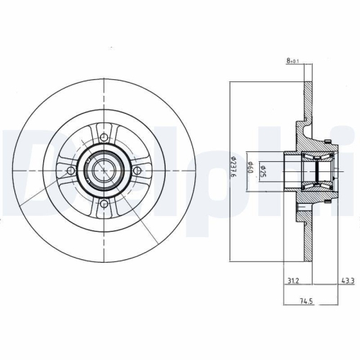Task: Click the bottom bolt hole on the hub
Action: tap(105, 204)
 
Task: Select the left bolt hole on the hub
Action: tap(70, 170)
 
